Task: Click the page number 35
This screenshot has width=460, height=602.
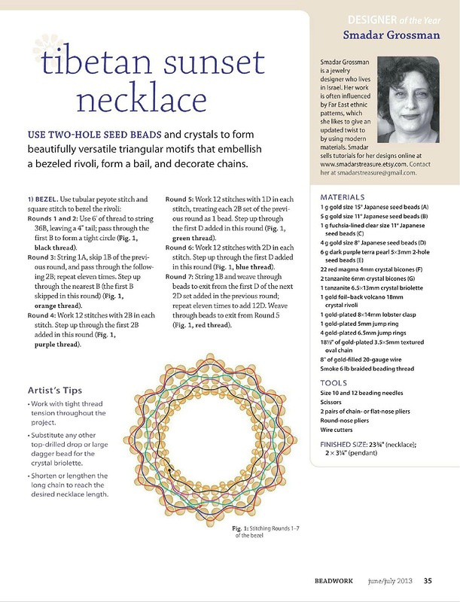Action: pos(428,580)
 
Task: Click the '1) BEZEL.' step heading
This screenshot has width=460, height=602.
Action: pos(44,198)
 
